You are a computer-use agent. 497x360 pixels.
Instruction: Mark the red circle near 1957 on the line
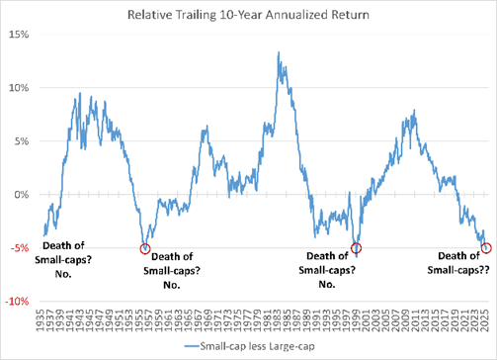tap(145, 248)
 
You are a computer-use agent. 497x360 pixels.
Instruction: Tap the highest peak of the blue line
tap(278, 53)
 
